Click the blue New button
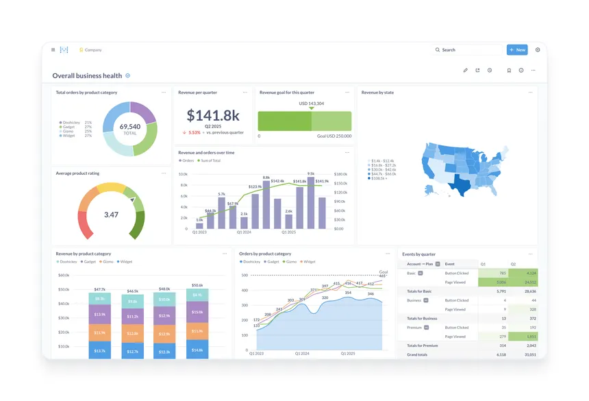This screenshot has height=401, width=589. click(517, 50)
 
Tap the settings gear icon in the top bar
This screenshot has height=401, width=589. click(538, 50)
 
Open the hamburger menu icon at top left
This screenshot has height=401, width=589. click(53, 50)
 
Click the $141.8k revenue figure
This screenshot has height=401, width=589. click(213, 115)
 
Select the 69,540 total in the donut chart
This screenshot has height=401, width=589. click(130, 127)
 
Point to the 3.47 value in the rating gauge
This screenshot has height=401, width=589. click(111, 215)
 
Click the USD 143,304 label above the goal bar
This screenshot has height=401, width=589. click(312, 104)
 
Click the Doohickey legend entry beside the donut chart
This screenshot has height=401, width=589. click(71, 123)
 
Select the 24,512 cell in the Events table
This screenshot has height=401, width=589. click(528, 282)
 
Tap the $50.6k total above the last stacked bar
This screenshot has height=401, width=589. click(197, 285)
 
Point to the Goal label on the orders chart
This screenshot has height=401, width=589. click(384, 271)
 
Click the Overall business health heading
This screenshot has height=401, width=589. click(87, 76)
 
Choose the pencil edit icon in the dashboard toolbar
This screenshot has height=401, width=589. click(465, 70)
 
